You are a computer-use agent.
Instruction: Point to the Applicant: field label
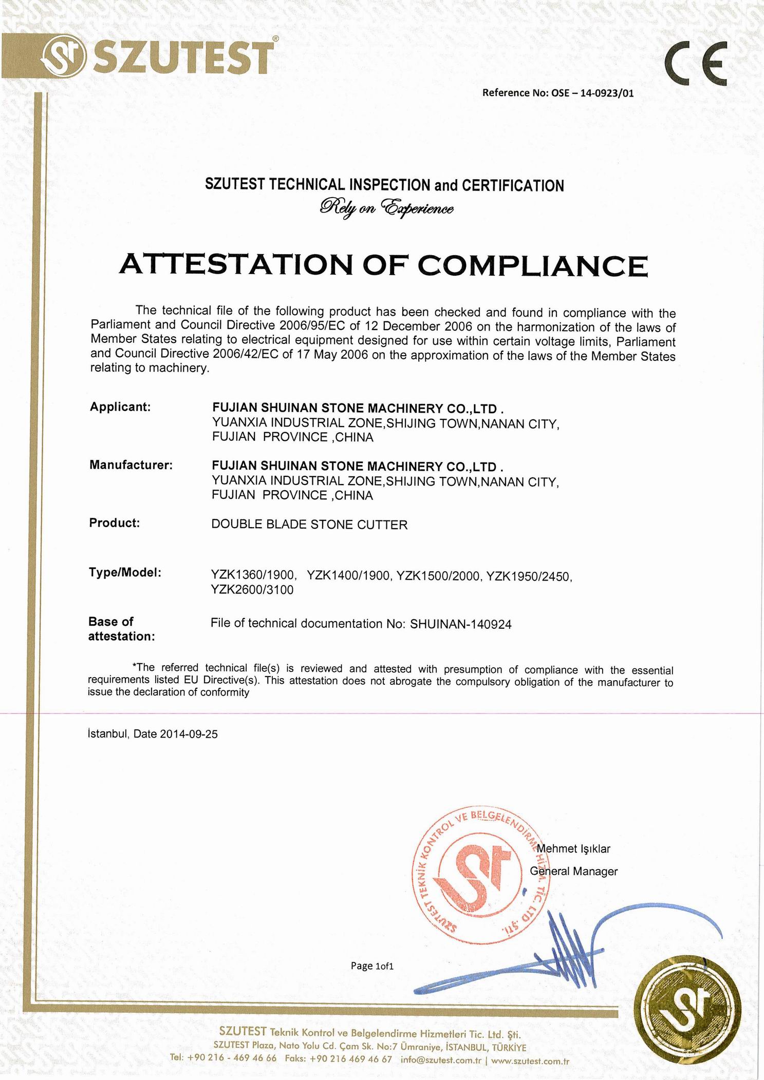pyautogui.click(x=120, y=407)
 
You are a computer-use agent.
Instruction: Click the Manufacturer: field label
pyautogui.click(x=131, y=465)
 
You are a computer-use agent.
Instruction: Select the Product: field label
pyautogui.click(x=115, y=523)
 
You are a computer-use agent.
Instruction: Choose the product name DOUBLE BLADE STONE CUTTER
pyautogui.click(x=309, y=525)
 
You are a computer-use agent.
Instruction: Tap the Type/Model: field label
pyautogui.click(x=125, y=572)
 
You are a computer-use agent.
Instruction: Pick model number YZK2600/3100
pyautogui.click(x=252, y=590)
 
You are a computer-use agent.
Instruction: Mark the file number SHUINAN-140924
pyautogui.click(x=461, y=624)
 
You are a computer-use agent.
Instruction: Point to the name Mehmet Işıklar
pyautogui.click(x=573, y=848)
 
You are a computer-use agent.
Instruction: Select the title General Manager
pyautogui.click(x=574, y=871)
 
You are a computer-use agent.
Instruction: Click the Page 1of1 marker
pyautogui.click(x=372, y=966)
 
